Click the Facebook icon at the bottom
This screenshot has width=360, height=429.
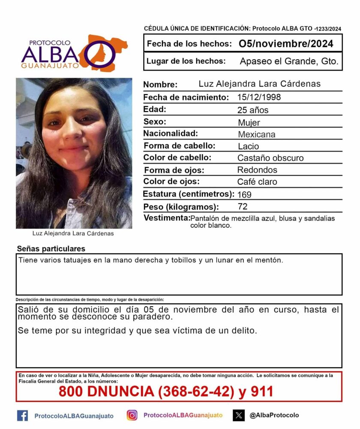pos(22,415)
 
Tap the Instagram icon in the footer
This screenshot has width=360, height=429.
pos(132,415)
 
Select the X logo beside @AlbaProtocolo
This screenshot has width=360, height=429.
pos(239,415)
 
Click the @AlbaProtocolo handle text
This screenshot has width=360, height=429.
pos(274,415)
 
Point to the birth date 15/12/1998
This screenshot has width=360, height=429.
pos(259,97)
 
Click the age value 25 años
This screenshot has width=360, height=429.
pos(253,110)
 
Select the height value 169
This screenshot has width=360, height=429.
pos(244,194)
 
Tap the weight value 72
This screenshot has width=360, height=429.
pos(243,207)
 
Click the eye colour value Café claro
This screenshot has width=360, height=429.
pos(257,182)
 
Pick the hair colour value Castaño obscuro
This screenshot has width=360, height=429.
pos(270,158)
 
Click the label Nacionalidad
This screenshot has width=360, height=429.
pos(171,133)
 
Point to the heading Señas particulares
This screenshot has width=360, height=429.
pos(51,249)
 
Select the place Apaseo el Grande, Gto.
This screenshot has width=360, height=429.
pos(289,61)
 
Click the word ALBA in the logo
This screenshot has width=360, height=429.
pos(51,54)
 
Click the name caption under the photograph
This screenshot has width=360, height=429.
pos(73,234)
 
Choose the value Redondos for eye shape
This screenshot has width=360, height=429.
pos(257,170)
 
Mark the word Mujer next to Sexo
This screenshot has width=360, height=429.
pos(249,123)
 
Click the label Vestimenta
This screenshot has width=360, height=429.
pos(167,218)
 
